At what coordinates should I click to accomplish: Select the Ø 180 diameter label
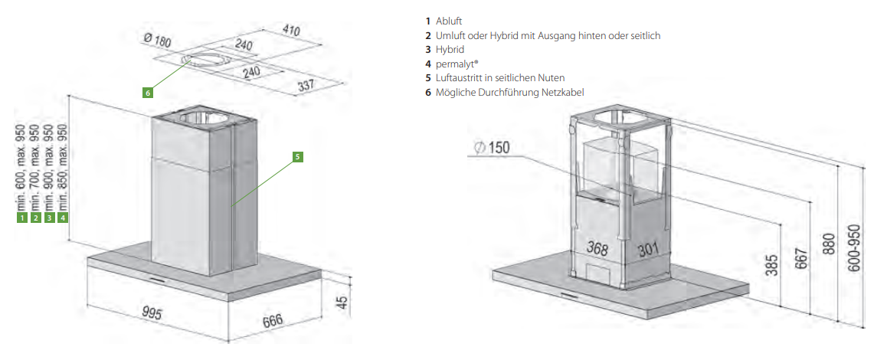(x=156, y=41)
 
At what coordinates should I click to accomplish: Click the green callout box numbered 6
(x=148, y=93)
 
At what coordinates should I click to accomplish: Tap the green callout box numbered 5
(x=298, y=157)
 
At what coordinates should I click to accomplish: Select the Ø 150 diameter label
(x=491, y=148)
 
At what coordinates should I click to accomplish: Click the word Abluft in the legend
(x=450, y=21)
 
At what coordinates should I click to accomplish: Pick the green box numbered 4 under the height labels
(x=63, y=218)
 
